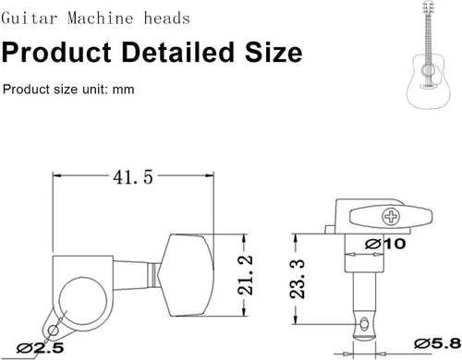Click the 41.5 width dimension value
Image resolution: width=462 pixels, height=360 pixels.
[133, 177]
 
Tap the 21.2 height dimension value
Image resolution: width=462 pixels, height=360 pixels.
[246, 275]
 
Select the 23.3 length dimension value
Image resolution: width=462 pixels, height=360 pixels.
[298, 279]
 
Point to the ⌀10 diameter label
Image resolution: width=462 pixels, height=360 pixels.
[385, 244]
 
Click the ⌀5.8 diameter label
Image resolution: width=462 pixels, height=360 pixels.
[437, 343]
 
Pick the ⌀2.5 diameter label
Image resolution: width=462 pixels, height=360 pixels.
[41, 348]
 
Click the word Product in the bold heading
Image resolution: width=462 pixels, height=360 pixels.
[56, 53]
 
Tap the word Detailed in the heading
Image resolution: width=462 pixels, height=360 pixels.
[178, 52]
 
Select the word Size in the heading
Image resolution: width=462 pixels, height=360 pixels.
[274, 52]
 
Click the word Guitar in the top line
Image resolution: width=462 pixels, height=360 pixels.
[30, 18]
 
